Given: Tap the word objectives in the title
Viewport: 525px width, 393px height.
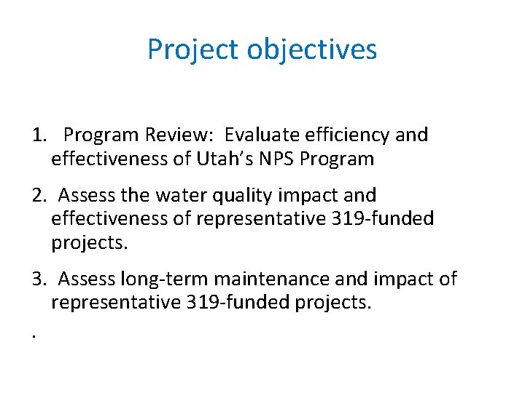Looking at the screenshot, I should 312,50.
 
